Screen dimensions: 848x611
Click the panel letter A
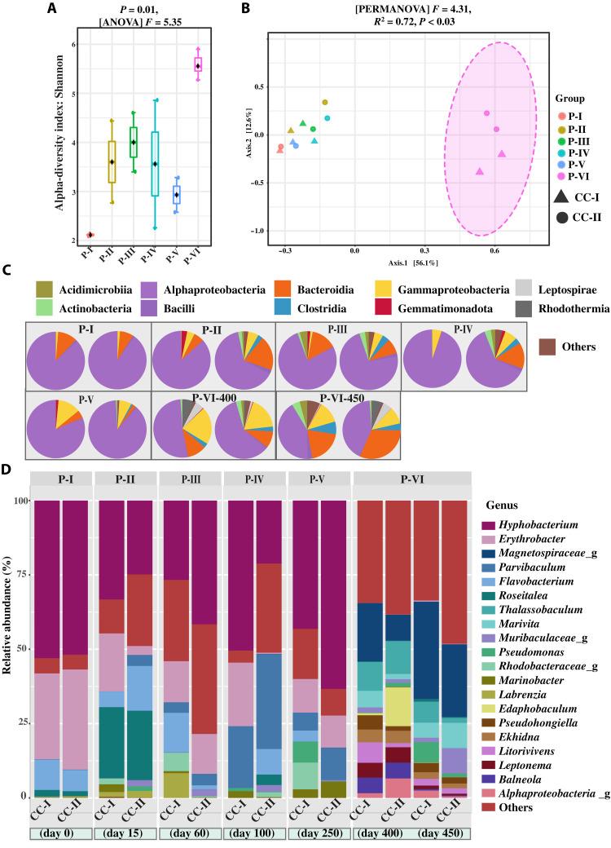click(52, 9)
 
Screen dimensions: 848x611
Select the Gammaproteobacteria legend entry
click(434, 289)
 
